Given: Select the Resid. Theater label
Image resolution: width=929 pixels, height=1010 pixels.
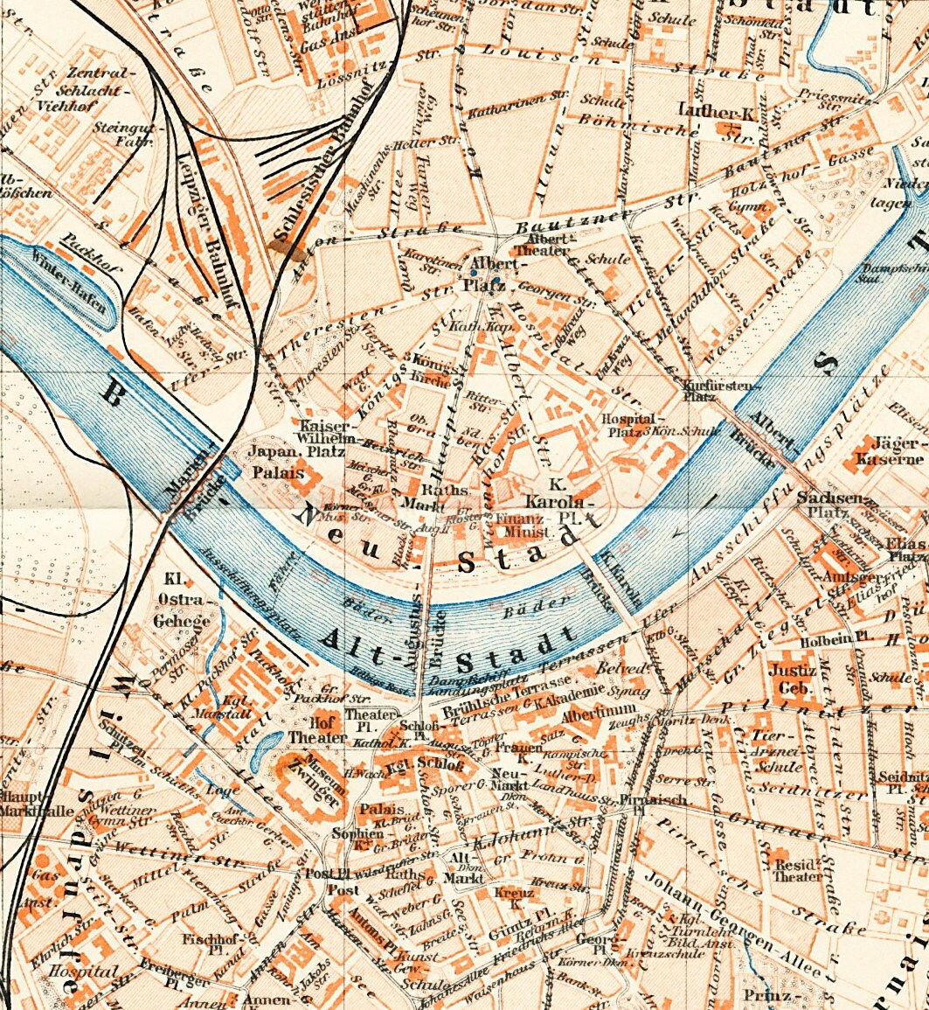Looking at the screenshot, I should pyautogui.click(x=798, y=870).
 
